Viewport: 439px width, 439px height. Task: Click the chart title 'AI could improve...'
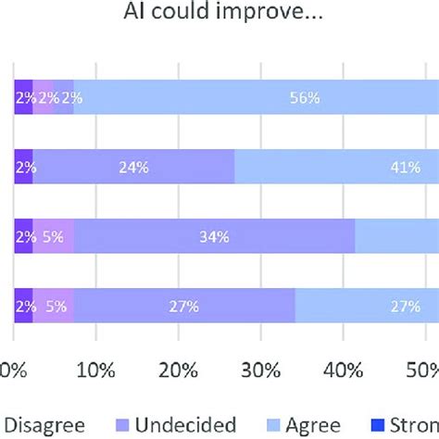tap(219, 16)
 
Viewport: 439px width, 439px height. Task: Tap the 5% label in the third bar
tap(53, 237)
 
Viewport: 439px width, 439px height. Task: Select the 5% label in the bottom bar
tap(53, 307)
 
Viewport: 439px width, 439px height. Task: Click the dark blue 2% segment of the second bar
tap(23, 167)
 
